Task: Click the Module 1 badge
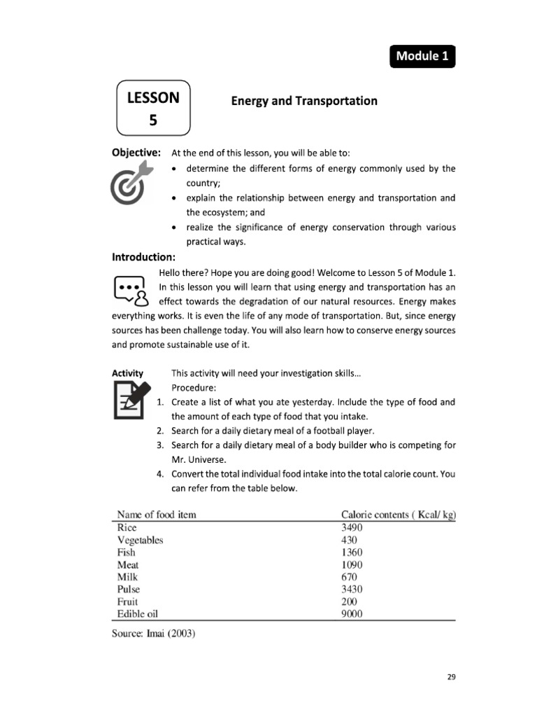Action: click(422, 57)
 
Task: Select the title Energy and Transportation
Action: click(304, 101)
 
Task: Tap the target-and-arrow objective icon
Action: click(133, 181)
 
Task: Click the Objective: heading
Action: click(136, 153)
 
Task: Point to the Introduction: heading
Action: click(143, 257)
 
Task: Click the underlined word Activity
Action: click(128, 374)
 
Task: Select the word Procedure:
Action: click(194, 388)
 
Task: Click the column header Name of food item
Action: click(157, 515)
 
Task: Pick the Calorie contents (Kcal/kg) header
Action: click(398, 515)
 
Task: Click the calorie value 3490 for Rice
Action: click(352, 527)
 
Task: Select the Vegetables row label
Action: click(140, 540)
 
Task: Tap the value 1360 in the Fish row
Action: click(352, 552)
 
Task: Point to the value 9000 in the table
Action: click(352, 614)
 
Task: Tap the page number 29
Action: click(451, 677)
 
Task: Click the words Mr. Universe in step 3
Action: click(199, 459)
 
